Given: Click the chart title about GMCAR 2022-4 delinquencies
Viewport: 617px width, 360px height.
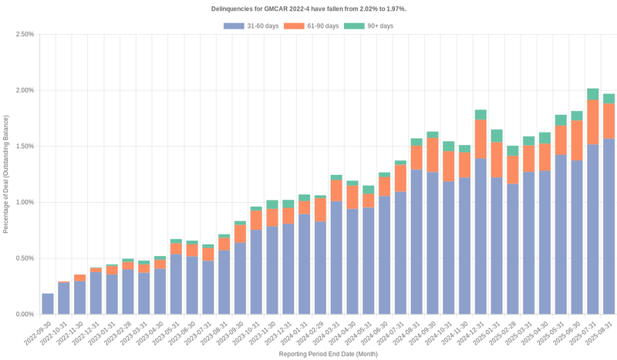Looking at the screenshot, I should pyautogui.click(x=308, y=8).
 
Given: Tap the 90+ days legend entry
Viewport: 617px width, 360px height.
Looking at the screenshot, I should pyautogui.click(x=369, y=26).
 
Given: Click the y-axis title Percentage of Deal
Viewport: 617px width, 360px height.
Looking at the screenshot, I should pyautogui.click(x=6, y=174).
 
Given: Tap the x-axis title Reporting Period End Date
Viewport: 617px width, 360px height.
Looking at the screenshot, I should pyautogui.click(x=328, y=354).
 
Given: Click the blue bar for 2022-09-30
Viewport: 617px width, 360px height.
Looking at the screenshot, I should pyautogui.click(x=48, y=304).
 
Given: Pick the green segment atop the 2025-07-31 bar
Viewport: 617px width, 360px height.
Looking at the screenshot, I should pyautogui.click(x=593, y=94).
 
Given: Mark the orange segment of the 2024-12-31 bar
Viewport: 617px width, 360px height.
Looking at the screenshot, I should pyautogui.click(x=480, y=140).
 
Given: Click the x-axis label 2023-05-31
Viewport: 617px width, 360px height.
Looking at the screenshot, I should pyautogui.click(x=167, y=334).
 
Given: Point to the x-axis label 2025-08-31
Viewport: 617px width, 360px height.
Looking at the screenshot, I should pyautogui.click(x=600, y=334).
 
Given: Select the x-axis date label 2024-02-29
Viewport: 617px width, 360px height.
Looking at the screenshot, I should pyautogui.click(x=312, y=334).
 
